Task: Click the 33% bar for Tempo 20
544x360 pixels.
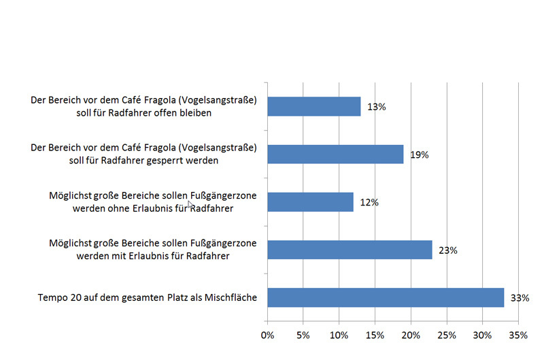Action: [x=385, y=297]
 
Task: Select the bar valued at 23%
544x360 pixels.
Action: [x=350, y=250]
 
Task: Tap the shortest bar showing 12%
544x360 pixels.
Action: [x=310, y=202]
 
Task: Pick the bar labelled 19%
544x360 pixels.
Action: [x=335, y=154]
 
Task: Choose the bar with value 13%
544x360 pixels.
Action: [x=313, y=107]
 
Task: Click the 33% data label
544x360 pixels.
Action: [x=520, y=297]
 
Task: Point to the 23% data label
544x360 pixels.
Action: [x=448, y=250]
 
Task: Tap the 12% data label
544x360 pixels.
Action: [x=369, y=202]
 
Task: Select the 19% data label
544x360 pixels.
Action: [x=419, y=154]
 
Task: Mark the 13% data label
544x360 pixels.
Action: [x=377, y=107]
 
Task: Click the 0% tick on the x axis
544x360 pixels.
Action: [x=267, y=335]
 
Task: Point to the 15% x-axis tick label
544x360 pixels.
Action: [x=375, y=335]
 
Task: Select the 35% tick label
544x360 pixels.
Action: [x=518, y=335]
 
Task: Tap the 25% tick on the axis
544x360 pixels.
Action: [x=446, y=335]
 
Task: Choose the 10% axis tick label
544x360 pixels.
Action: [x=339, y=335]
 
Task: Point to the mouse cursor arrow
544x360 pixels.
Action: [x=191, y=203]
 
